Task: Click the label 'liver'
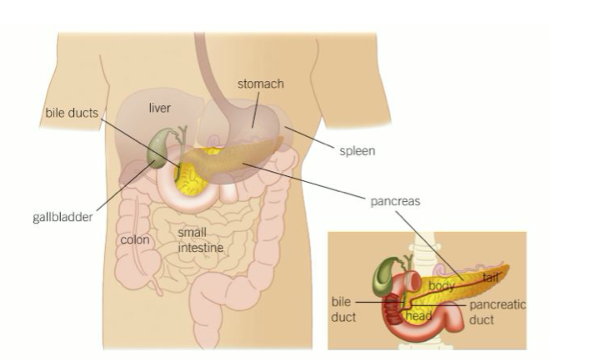click(x=160, y=108)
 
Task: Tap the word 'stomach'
click(x=260, y=84)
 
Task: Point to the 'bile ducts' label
click(x=72, y=113)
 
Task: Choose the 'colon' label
click(x=135, y=239)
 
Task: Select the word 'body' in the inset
click(x=441, y=286)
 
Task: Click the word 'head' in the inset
click(x=419, y=316)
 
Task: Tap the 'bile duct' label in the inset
click(x=343, y=309)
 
